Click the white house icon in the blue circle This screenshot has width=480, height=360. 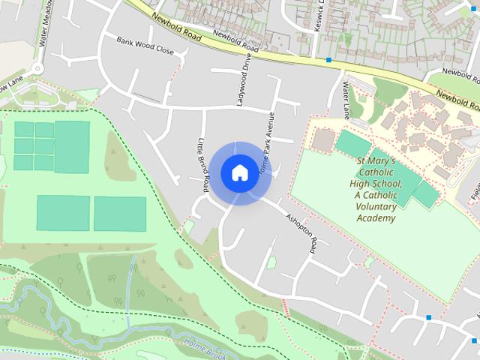(239, 172)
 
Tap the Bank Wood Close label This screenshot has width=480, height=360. (145, 45)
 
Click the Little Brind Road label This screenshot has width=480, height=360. (201, 160)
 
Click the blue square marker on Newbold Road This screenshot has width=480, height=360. (328, 59)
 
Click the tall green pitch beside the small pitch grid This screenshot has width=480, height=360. (72, 146)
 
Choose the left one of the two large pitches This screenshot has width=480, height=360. (63, 213)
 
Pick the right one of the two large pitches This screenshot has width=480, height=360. (120, 214)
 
